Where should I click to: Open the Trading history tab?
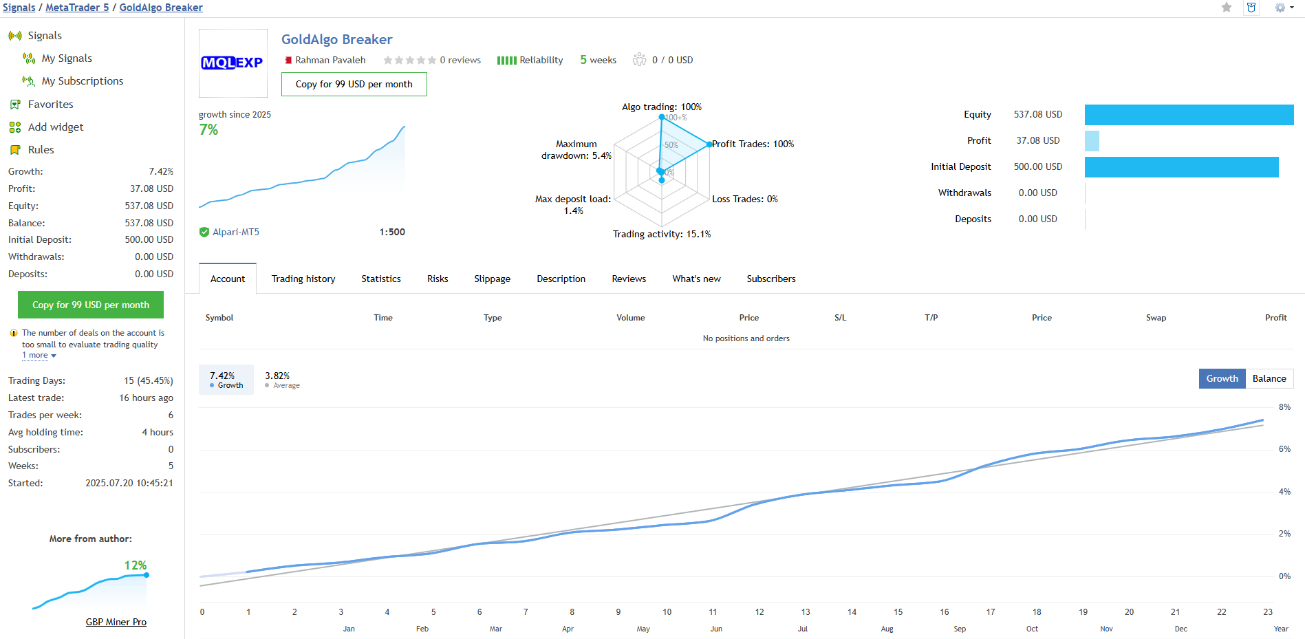303,279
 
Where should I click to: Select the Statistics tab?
381,279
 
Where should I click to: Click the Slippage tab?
492,279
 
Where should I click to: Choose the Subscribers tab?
770,279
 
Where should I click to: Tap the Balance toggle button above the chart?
1269,378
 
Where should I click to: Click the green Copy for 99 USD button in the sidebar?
91,305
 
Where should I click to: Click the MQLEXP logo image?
233,63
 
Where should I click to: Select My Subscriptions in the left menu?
82,81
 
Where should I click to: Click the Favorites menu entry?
50,105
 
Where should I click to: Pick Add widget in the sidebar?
55,127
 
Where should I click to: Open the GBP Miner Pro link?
116,622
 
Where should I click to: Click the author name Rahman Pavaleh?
330,61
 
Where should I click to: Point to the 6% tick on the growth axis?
1284,449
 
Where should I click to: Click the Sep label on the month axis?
960,629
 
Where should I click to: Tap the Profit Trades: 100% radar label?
753,144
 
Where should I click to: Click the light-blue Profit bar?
1092,141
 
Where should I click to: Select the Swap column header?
1156,318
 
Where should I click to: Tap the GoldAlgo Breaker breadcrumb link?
161,8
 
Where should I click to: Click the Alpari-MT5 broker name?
236,232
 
